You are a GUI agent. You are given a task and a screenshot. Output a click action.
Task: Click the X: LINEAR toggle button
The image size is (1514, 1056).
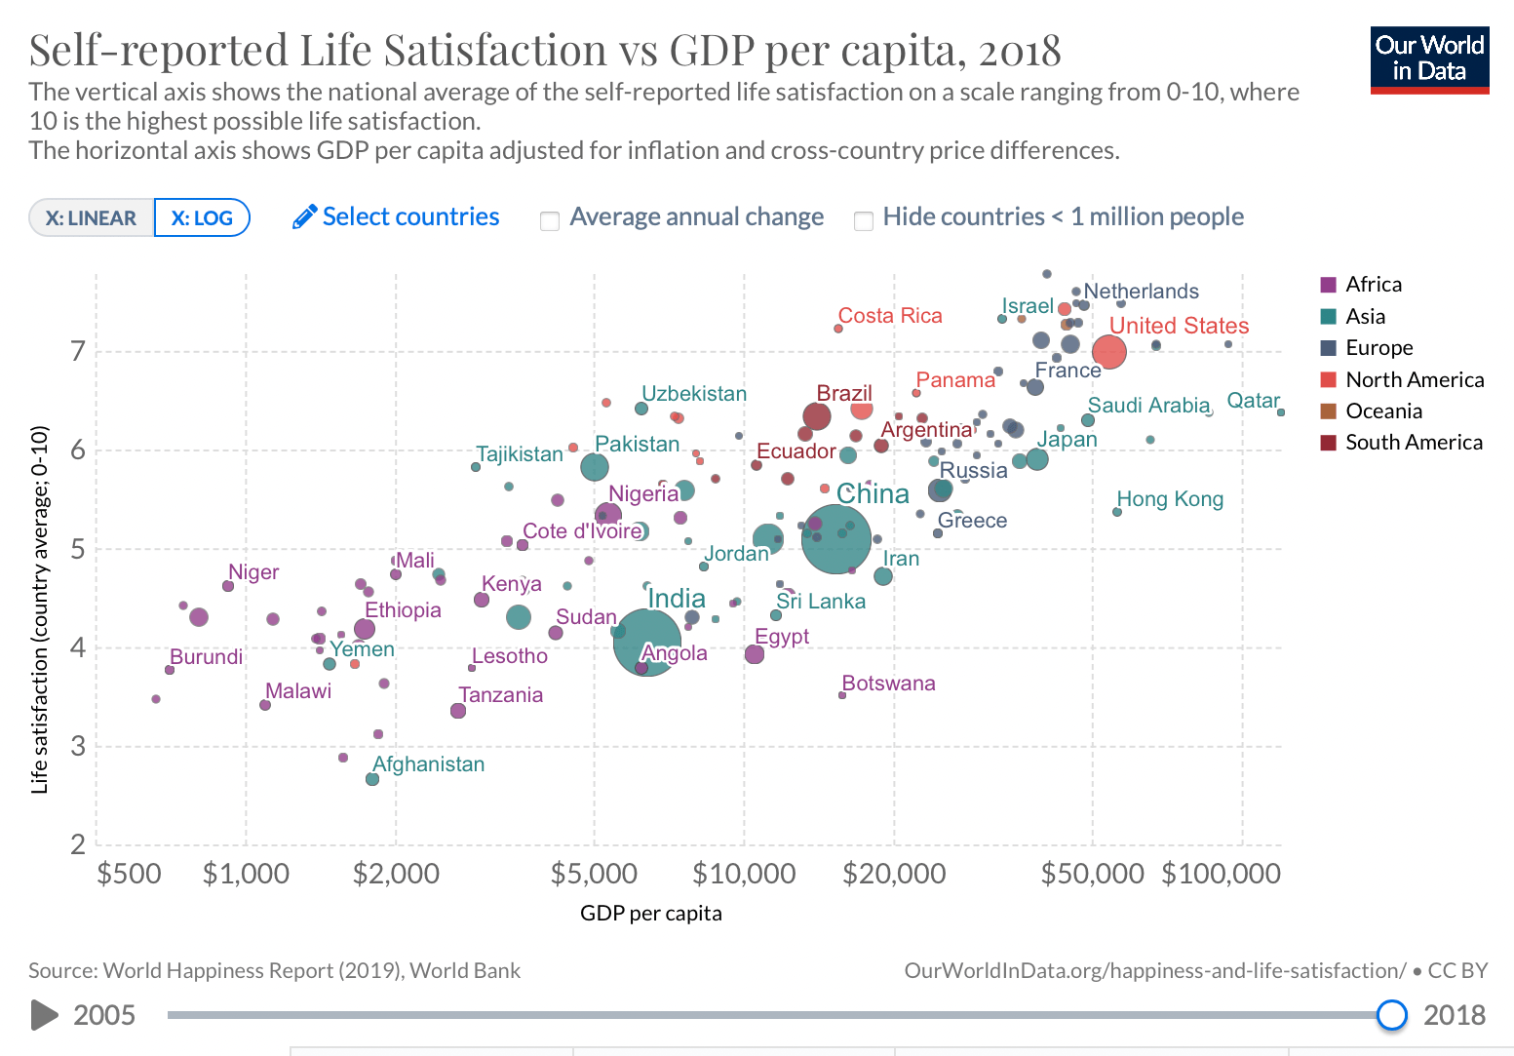(x=92, y=217)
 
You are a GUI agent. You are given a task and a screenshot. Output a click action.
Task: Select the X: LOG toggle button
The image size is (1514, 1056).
(x=202, y=217)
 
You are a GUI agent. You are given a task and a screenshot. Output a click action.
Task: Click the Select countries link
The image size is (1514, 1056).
(x=397, y=216)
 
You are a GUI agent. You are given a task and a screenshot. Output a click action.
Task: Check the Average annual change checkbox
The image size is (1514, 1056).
(x=550, y=220)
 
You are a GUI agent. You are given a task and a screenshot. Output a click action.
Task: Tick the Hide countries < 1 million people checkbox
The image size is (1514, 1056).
(x=863, y=220)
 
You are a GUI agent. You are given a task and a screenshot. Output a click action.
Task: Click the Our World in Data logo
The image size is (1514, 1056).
(x=1429, y=59)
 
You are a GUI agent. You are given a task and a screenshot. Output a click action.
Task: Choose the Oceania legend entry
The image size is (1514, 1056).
(x=1383, y=411)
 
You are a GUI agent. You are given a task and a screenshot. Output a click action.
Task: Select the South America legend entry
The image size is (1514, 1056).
(x=1414, y=443)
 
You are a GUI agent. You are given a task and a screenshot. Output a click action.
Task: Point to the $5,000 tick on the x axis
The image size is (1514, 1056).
(x=594, y=873)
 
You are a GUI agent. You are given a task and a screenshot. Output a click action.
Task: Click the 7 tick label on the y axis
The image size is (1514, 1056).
(x=78, y=351)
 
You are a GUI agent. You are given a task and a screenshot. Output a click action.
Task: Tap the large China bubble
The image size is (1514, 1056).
(x=835, y=538)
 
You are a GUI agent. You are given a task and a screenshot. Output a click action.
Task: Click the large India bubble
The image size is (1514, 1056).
(x=646, y=642)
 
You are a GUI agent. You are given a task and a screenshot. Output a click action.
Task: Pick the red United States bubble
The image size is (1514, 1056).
(x=1109, y=352)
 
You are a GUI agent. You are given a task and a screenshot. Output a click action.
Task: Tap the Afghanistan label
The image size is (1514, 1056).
(x=429, y=764)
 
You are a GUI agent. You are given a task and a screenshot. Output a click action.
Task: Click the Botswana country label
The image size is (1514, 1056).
(x=888, y=684)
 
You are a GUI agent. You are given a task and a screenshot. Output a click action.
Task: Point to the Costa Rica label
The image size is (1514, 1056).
(x=890, y=316)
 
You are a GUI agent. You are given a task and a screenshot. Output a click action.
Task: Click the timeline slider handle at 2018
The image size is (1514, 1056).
(x=1391, y=1015)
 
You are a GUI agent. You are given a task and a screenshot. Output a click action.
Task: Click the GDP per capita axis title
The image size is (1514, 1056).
(x=650, y=914)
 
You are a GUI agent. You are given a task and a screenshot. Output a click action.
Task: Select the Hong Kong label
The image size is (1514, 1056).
(x=1170, y=499)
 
